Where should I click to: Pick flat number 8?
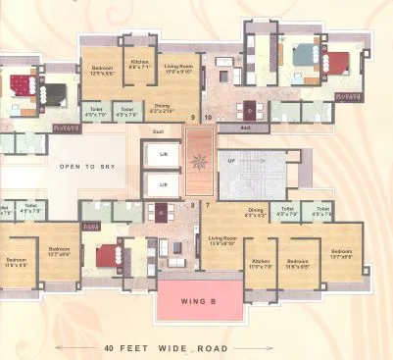tap(192, 205)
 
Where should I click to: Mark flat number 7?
tap(208, 205)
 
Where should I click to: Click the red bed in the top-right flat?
tap(336, 64)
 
